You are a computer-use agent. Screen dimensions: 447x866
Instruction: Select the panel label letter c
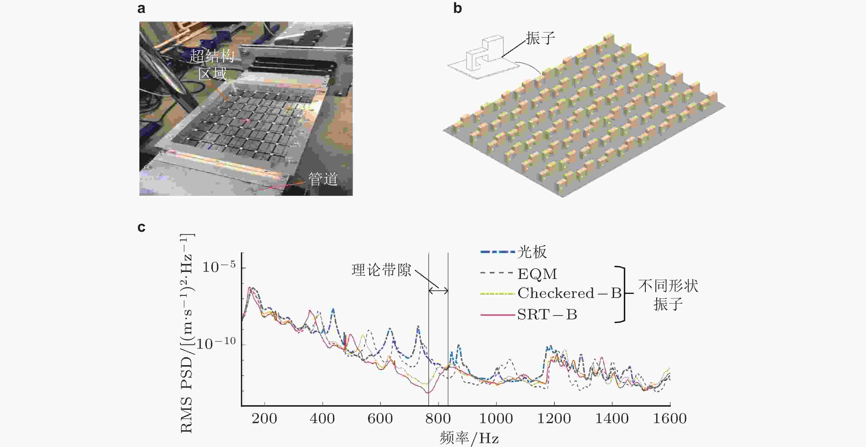coord(142,228)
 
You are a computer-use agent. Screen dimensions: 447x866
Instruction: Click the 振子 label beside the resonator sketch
coord(540,38)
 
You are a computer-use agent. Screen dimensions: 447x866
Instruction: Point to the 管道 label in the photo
coord(323,179)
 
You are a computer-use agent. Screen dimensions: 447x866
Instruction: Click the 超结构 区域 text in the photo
coord(212,65)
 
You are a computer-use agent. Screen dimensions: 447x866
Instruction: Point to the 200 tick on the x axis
coord(264,418)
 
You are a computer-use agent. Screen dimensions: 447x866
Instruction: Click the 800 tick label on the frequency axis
coord(438,418)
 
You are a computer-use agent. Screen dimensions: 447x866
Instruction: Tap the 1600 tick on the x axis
coord(670,418)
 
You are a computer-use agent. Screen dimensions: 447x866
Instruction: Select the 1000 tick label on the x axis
coord(496,418)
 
